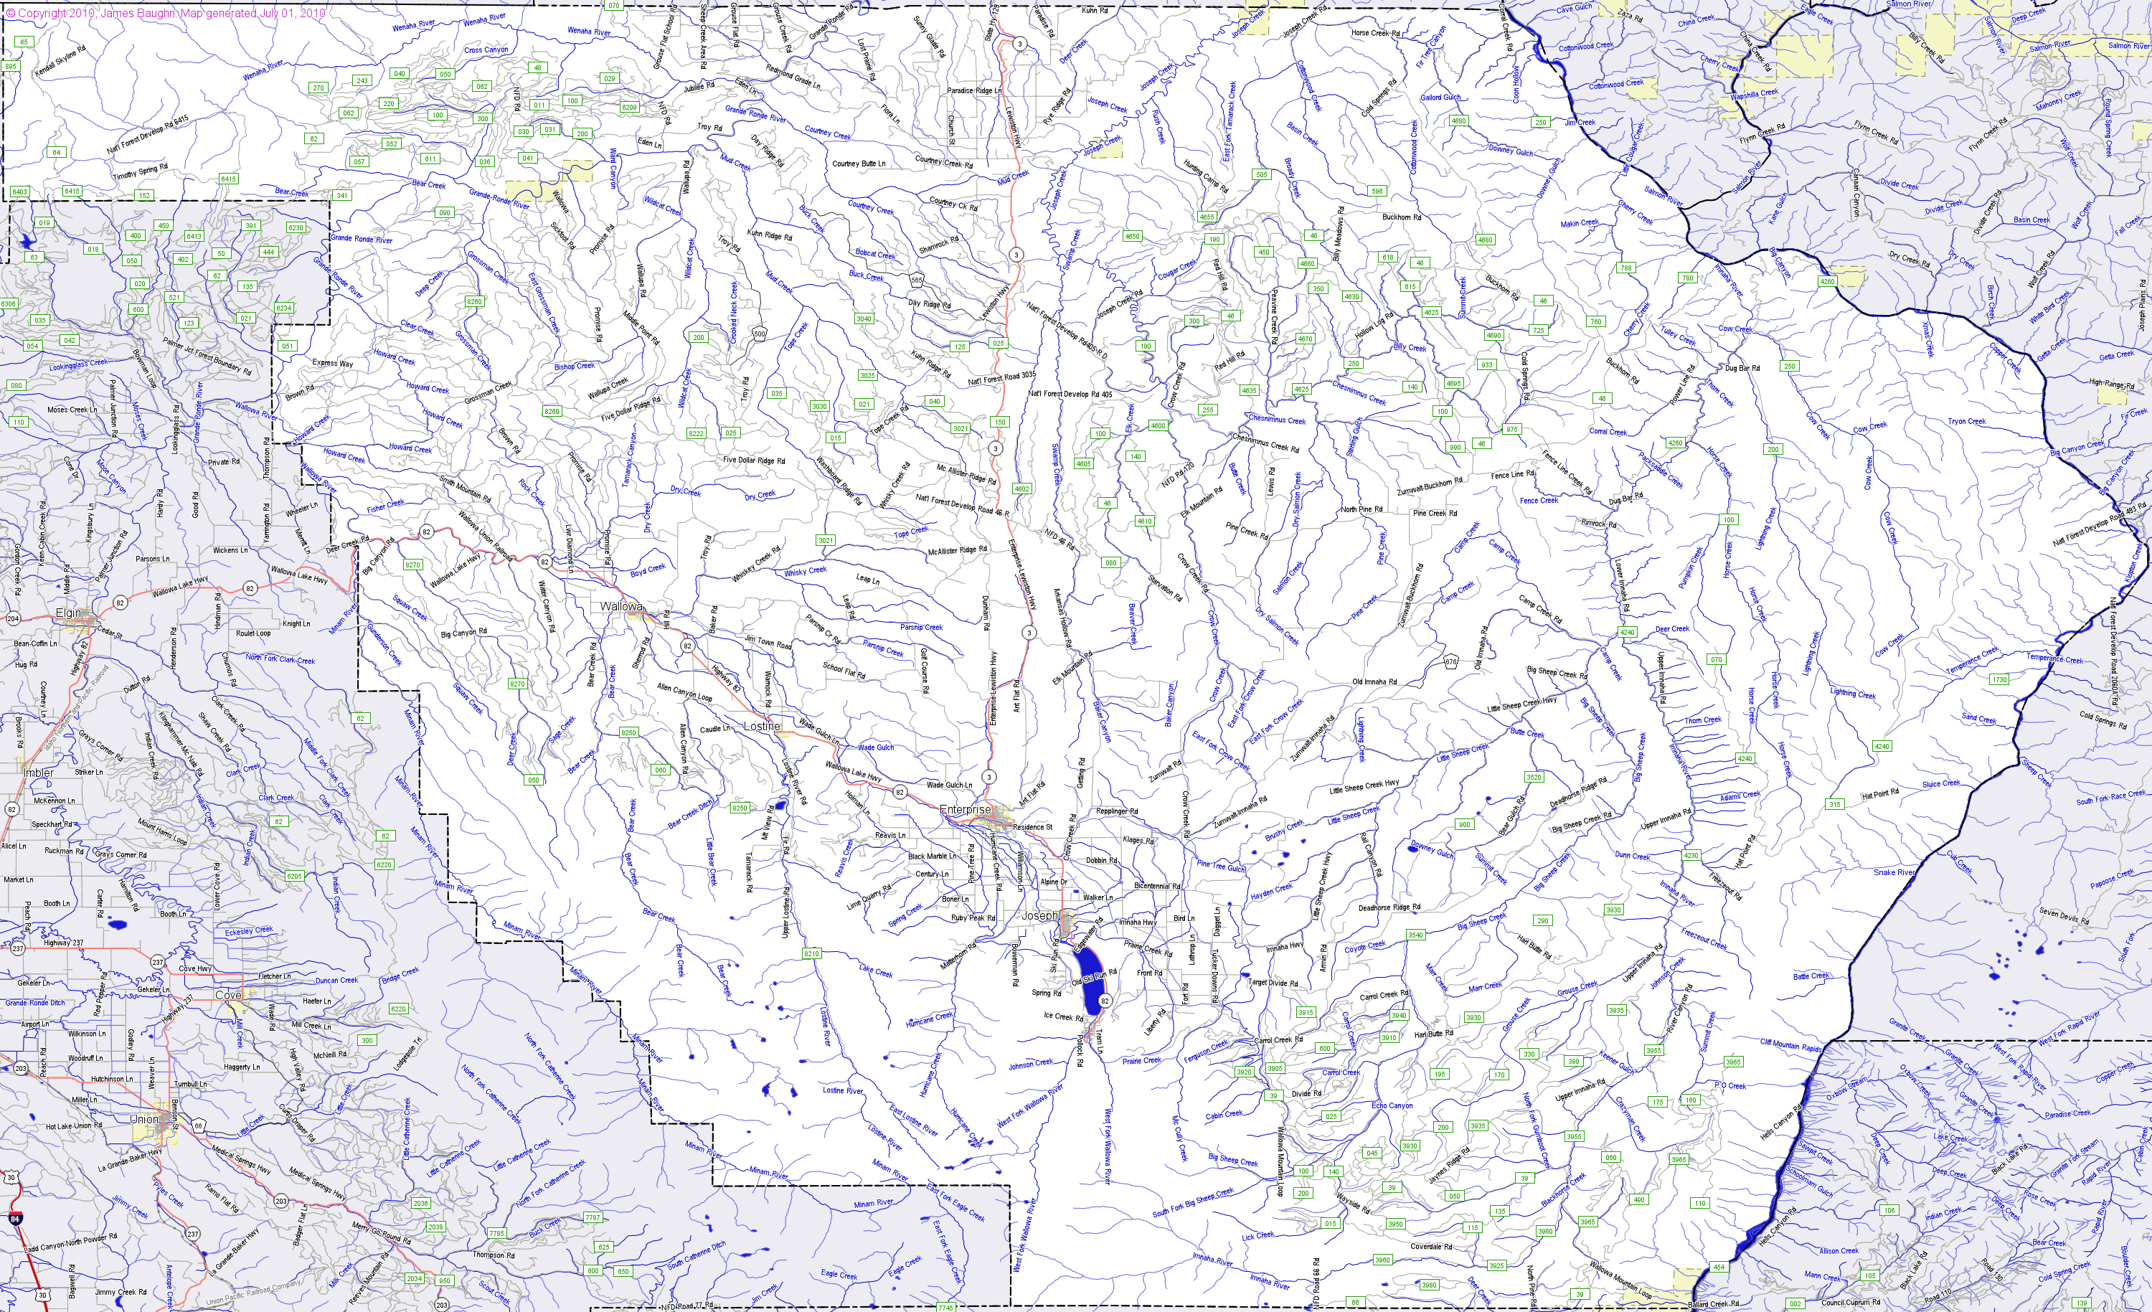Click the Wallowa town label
[621, 606]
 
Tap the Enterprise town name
[965, 810]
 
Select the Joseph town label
[1039, 916]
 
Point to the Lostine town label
[760, 726]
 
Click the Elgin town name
[69, 613]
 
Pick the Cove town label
[228, 996]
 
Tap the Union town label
[144, 1119]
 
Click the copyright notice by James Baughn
[166, 13]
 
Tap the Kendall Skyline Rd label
[61, 61]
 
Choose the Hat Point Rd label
[1880, 794]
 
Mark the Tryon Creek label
[1967, 421]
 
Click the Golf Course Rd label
[924, 671]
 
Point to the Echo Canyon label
[1392, 1106]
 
